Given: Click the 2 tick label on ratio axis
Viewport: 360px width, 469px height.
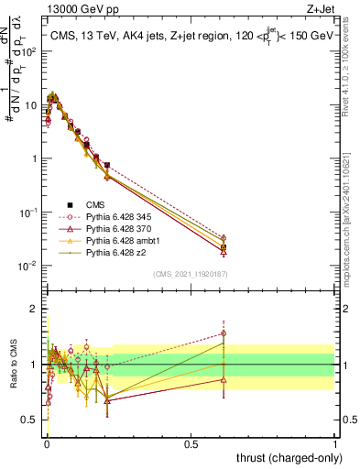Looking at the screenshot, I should tap(34, 309).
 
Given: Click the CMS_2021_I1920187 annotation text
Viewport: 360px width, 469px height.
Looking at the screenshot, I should tap(190, 274).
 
